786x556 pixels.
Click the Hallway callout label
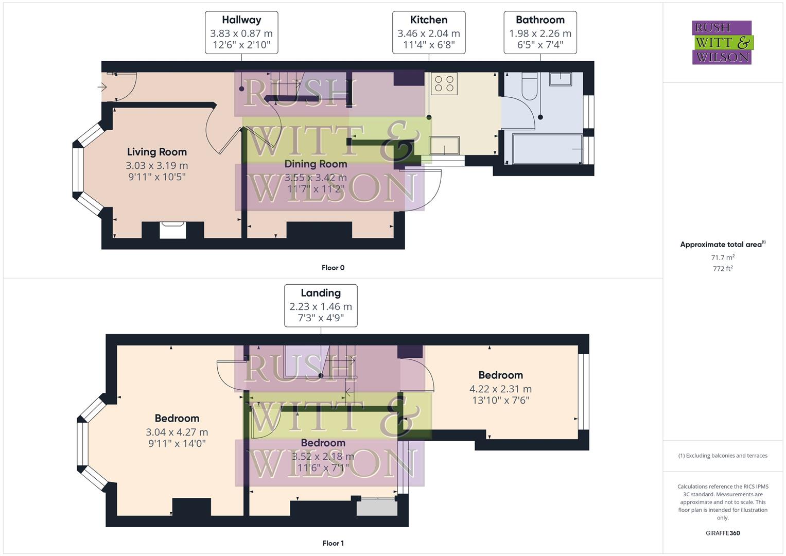tap(241, 32)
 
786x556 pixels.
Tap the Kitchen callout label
tap(428, 32)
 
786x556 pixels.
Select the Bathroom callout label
tap(540, 32)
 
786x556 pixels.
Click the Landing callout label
tap(321, 305)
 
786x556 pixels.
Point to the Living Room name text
tap(157, 152)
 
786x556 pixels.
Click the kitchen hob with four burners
tap(444, 83)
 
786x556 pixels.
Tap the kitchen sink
tap(444, 145)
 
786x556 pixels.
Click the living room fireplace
tap(172, 230)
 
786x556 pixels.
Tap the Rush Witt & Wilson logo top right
tap(722, 43)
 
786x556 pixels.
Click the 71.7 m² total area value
tap(723, 257)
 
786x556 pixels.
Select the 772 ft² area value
tap(723, 269)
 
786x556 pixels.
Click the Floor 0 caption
tap(333, 268)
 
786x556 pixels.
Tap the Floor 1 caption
tap(333, 543)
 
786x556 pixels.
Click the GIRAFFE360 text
tap(723, 533)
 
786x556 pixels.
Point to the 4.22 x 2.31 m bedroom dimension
tap(500, 389)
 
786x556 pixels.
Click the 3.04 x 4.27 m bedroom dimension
tap(177, 432)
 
